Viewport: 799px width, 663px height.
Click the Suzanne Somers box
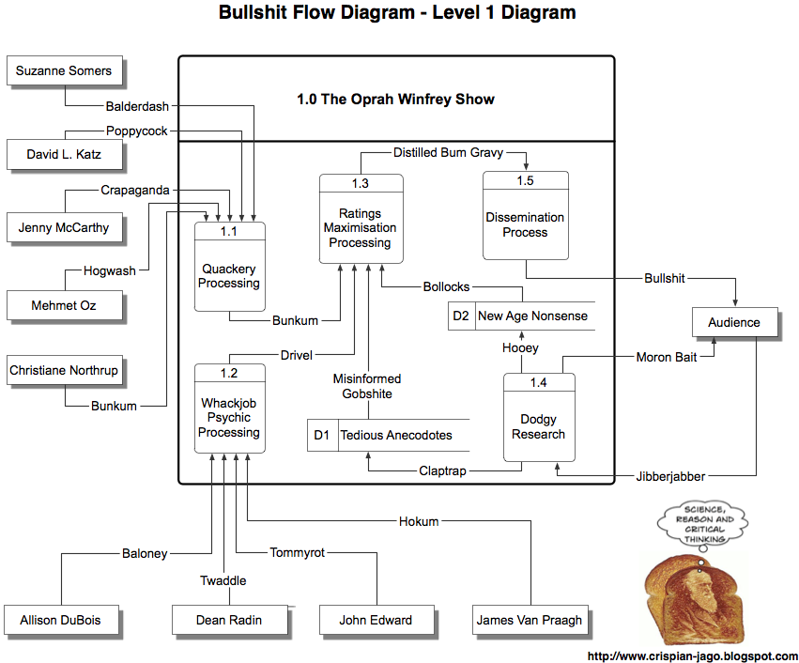64,71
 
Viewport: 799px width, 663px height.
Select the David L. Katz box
64,154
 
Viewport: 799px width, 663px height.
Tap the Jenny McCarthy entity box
64,227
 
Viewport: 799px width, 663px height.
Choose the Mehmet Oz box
64,306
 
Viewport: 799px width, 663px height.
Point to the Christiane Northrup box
64,371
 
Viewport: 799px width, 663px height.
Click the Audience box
734,322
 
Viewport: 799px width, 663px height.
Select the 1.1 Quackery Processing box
229,268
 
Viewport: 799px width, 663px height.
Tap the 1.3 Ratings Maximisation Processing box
361,219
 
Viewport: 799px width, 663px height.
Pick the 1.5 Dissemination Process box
525,216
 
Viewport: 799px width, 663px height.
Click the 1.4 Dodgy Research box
538,418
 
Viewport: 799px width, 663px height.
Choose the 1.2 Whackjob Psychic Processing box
229,409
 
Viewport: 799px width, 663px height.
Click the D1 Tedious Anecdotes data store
389,436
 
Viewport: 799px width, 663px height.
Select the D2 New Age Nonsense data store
521,316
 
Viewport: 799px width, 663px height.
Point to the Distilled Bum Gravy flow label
448,151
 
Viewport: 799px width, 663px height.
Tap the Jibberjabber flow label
670,476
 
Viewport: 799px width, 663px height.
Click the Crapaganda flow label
135,191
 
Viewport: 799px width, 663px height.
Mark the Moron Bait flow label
667,357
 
